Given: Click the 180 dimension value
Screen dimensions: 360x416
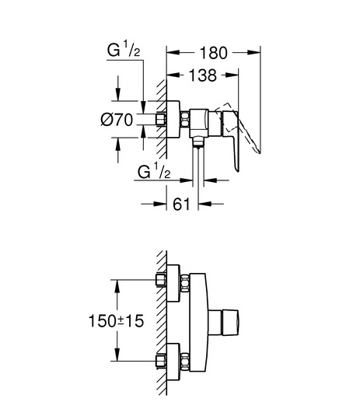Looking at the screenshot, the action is [x=214, y=53].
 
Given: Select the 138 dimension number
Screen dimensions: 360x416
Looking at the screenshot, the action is [x=203, y=75].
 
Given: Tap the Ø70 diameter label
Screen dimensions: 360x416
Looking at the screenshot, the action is [x=117, y=120].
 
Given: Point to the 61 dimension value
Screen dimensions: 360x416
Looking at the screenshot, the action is [x=181, y=204].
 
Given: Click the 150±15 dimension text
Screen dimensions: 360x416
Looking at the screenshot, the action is [x=116, y=321].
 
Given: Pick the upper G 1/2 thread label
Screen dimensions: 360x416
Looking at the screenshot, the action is [x=124, y=50].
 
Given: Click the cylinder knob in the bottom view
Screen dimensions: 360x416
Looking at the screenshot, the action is [x=223, y=323].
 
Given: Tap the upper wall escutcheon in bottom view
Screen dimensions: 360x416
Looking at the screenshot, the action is [x=173, y=283].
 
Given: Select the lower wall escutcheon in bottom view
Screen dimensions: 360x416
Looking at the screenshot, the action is [x=173, y=362].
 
